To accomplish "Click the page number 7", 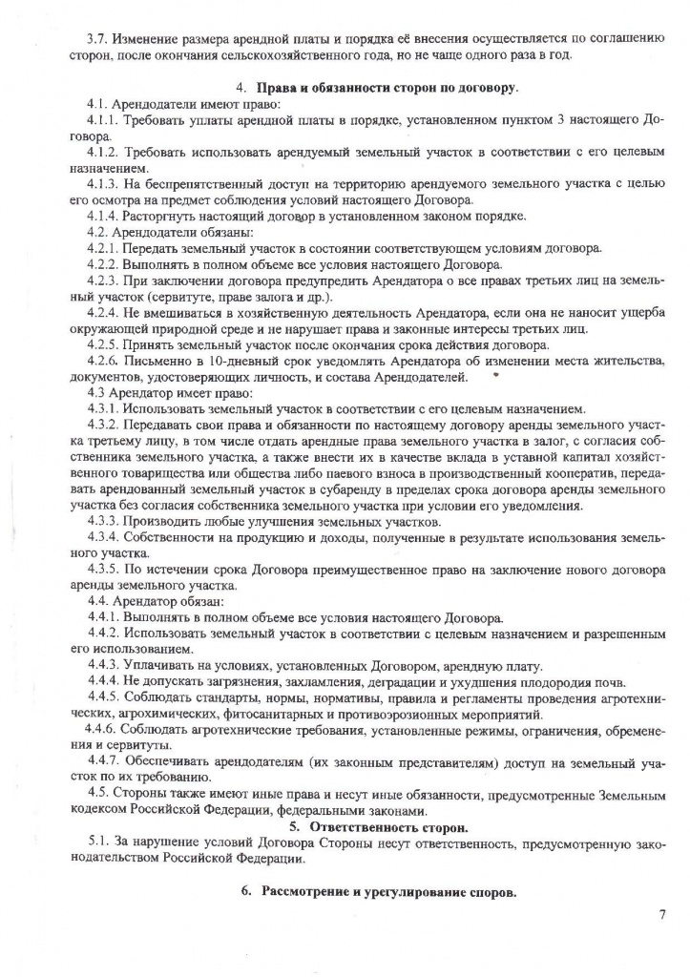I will click(x=661, y=917).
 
